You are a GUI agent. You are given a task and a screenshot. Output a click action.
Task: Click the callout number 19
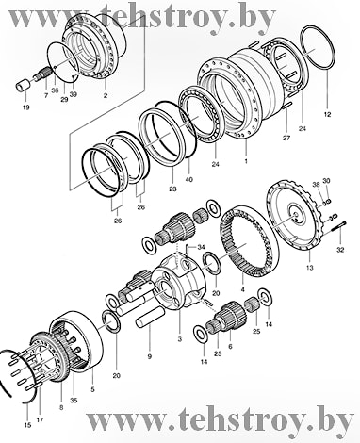(26, 107)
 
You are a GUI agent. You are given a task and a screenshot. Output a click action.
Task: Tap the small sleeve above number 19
(24, 86)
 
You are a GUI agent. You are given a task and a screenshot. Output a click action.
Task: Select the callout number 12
(327, 115)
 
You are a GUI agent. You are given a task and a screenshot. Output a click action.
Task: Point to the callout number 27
(286, 138)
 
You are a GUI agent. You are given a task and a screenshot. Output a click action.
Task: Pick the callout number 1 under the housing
(246, 161)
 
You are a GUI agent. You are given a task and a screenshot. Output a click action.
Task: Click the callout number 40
(188, 180)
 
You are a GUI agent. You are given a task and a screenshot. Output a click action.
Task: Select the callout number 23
(173, 189)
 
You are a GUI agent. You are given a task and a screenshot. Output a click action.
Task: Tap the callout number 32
(340, 250)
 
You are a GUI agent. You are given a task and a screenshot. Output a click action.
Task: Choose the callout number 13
(310, 268)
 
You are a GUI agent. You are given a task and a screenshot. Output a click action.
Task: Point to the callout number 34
(201, 247)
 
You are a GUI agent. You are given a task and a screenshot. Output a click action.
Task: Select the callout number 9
(150, 356)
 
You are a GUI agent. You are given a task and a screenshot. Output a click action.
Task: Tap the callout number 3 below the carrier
(180, 339)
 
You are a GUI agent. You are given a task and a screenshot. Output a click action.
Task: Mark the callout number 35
(74, 401)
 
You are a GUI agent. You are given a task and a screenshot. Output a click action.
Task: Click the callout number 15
(27, 425)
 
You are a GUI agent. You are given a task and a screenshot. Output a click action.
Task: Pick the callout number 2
(106, 95)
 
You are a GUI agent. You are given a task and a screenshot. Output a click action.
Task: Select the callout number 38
(317, 185)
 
